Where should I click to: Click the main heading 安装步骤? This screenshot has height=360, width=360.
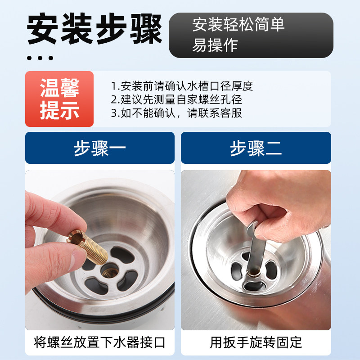[94, 29]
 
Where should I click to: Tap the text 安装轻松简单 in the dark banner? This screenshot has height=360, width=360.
[238, 24]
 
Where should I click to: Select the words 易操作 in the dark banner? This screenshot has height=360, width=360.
[215, 45]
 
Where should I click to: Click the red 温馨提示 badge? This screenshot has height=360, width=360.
[59, 99]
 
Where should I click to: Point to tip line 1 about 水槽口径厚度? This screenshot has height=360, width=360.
[182, 86]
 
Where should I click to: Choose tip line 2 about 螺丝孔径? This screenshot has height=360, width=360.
[176, 99]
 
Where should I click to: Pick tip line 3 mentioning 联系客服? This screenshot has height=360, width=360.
[176, 113]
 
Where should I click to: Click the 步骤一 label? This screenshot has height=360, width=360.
[100, 148]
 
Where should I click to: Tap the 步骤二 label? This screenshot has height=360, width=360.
[256, 148]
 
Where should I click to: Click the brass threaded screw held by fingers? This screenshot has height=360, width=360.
[87, 246]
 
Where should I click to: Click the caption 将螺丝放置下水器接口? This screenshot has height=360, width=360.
[99, 342]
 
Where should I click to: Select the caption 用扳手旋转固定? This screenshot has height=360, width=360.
[256, 342]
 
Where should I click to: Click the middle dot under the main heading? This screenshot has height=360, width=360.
[40, 58]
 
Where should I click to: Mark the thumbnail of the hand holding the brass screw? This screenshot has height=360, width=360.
[100, 250]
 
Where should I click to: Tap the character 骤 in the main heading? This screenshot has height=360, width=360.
[146, 29]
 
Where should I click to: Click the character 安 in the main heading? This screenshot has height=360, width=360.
[42, 29]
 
